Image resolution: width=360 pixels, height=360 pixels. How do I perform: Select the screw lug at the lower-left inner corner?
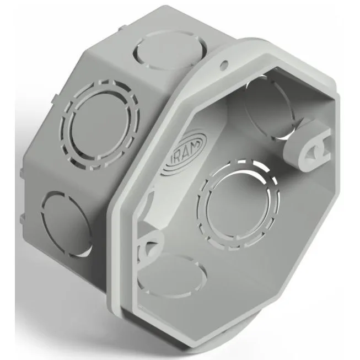[x=149, y=246]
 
